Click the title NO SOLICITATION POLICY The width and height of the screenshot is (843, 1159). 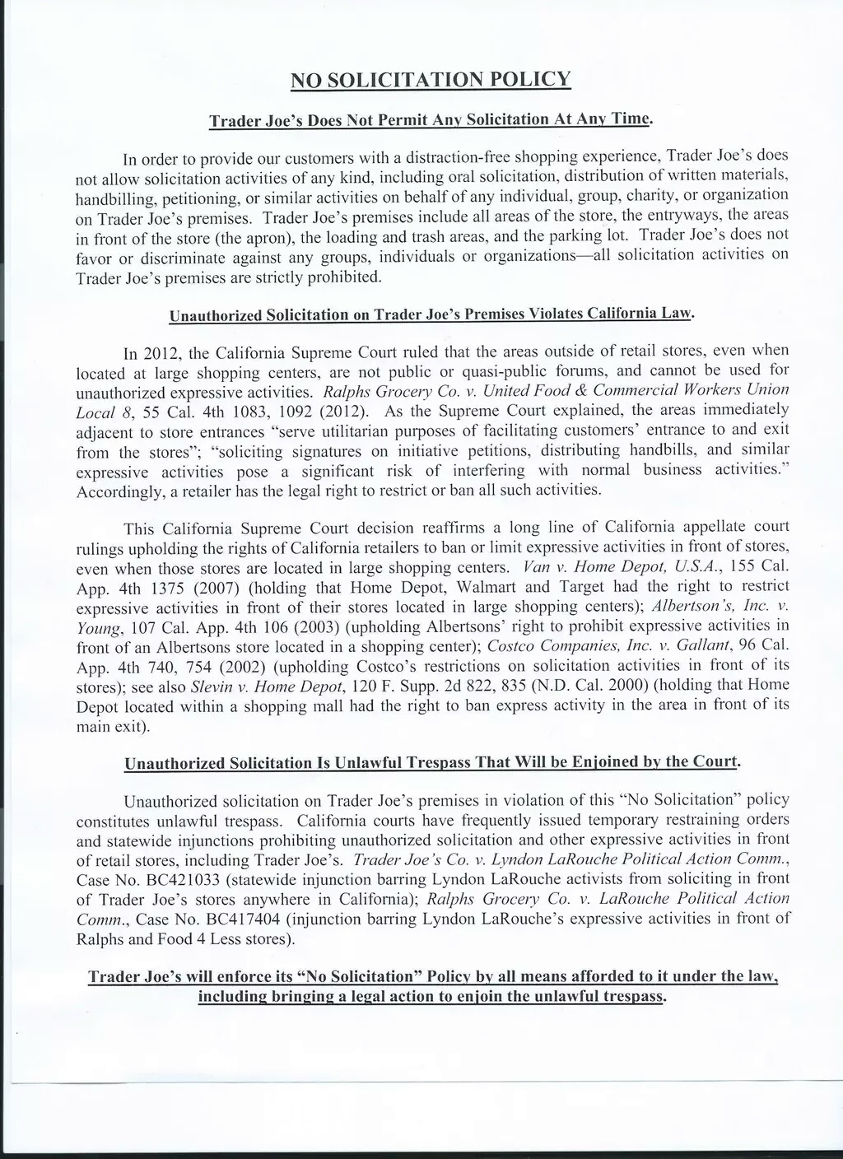click(431, 80)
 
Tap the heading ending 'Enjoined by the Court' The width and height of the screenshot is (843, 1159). click(431, 762)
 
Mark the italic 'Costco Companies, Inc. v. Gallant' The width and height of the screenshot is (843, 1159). click(606, 646)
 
